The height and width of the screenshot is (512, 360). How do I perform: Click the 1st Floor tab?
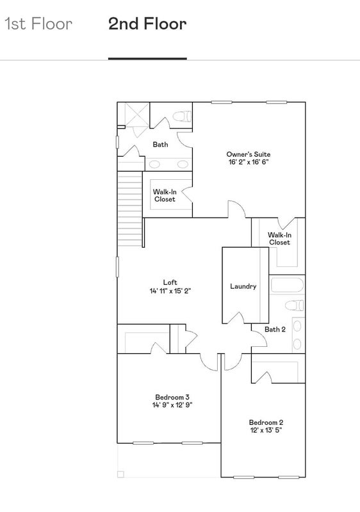[x=38, y=24]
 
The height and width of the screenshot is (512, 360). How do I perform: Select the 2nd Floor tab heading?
[x=147, y=24]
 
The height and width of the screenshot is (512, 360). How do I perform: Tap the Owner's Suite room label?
[x=249, y=154]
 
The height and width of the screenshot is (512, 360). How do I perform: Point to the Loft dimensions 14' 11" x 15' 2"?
[x=170, y=291]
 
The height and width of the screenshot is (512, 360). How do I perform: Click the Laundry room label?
[x=243, y=286]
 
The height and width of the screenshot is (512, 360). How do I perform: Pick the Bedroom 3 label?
[x=172, y=397]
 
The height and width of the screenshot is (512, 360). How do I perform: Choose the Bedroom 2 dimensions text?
[x=266, y=430]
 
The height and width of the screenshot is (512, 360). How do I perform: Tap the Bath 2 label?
[x=275, y=329]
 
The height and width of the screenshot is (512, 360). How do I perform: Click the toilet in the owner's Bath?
[x=182, y=116]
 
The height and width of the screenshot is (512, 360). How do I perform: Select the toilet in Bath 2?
[x=294, y=305]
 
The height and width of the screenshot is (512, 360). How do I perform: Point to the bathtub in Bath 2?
[x=287, y=285]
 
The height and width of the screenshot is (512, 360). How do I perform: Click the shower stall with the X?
[x=133, y=115]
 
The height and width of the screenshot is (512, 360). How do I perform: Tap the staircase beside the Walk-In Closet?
[x=130, y=209]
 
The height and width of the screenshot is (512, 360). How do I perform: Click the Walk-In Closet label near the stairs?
[x=165, y=196]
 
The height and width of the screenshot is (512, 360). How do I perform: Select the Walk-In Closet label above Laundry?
[x=280, y=239]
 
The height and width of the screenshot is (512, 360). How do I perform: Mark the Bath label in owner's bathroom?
[x=160, y=145]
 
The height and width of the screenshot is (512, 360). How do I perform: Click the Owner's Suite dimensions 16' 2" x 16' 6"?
[x=249, y=162]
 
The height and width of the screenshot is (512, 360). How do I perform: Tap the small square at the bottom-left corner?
[x=120, y=474]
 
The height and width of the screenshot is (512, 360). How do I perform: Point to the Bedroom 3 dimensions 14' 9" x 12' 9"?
[x=172, y=405]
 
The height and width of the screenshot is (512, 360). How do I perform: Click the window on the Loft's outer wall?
[x=118, y=267]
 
